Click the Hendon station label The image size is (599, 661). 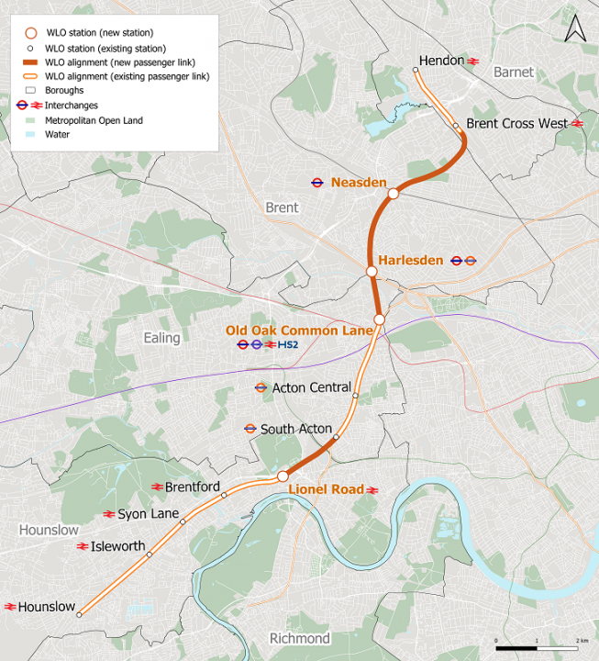click(x=441, y=61)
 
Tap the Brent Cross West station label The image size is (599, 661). click(x=517, y=123)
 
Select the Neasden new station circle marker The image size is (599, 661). click(x=393, y=194)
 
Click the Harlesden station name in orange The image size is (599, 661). click(x=410, y=260)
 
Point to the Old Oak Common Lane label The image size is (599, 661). click(x=299, y=330)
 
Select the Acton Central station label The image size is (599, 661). click(x=311, y=387)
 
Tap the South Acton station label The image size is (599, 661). click(x=296, y=429)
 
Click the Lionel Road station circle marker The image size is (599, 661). click(x=283, y=476)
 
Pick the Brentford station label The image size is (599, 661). click(x=192, y=487)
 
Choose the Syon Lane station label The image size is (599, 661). click(x=148, y=514)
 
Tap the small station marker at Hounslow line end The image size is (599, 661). click(x=79, y=615)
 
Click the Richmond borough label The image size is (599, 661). click(x=299, y=638)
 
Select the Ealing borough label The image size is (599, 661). click(x=161, y=338)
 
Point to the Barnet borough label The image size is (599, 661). click(x=513, y=72)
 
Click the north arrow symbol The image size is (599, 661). click(x=574, y=28)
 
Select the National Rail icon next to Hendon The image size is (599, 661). click(x=473, y=61)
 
